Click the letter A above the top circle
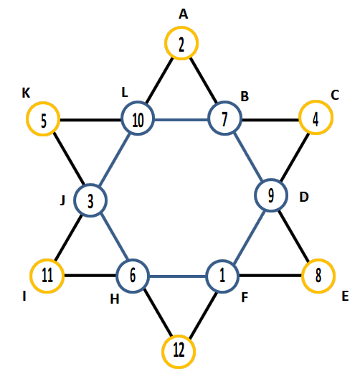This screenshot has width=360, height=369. click(184, 14)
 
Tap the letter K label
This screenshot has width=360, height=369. click(26, 93)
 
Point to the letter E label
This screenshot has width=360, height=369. click(345, 296)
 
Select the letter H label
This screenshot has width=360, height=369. click(115, 299)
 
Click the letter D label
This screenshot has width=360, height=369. click(304, 197)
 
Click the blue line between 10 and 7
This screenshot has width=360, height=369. click(181, 119)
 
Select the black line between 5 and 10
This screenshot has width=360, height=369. click(90, 120)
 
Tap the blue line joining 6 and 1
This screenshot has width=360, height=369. click(178, 276)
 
